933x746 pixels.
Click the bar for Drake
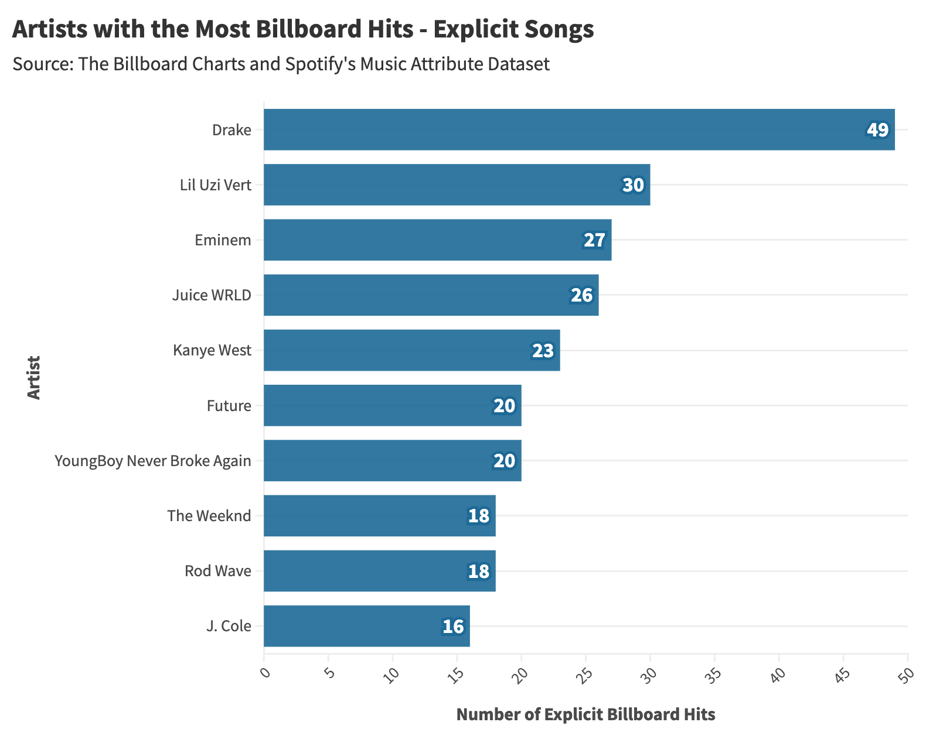tap(579, 129)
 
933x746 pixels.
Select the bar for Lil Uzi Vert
tap(457, 185)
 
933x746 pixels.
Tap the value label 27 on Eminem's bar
tap(594, 240)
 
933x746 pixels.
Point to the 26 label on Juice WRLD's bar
tap(581, 295)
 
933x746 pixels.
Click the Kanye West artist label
tap(212, 350)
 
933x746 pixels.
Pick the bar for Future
tap(392, 405)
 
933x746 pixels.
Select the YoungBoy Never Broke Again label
tap(153, 461)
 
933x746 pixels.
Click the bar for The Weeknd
tap(379, 516)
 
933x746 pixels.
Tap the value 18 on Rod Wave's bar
tap(478, 571)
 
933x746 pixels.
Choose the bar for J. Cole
tap(366, 626)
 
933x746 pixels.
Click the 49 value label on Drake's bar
tap(877, 130)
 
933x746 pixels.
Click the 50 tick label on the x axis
tap(905, 674)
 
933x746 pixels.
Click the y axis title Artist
tap(34, 378)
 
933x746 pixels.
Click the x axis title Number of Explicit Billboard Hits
tap(585, 714)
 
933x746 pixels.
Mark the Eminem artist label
tap(223, 240)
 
